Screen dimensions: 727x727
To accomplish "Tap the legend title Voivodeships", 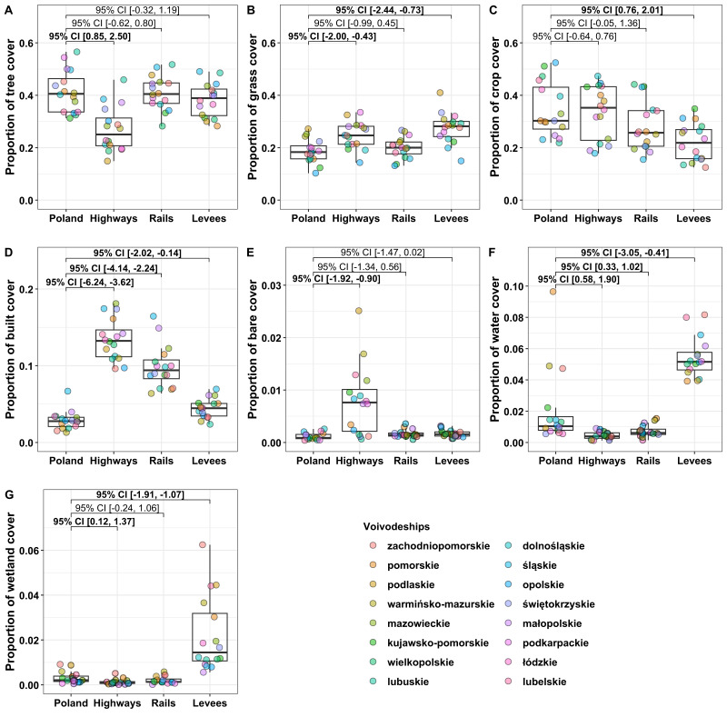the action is click(x=396, y=526).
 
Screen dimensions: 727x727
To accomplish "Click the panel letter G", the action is click(x=9, y=494).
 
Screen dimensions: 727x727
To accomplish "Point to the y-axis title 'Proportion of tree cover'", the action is click(x=10, y=106).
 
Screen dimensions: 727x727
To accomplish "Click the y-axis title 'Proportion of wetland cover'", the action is click(x=10, y=592).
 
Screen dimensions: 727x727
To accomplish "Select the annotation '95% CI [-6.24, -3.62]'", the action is click(x=90, y=282).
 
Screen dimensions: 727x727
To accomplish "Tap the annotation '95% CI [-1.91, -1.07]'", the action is click(x=140, y=494).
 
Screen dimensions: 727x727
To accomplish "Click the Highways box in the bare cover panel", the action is click(x=360, y=411).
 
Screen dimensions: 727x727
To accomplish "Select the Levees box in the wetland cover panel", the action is click(x=210, y=637).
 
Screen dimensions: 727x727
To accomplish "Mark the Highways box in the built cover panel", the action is click(x=115, y=344).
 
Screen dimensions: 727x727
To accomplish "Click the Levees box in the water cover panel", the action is click(x=694, y=361).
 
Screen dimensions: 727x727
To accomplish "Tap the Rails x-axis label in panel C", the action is click(x=646, y=218).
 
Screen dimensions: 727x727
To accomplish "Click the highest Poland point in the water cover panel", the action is click(x=553, y=292).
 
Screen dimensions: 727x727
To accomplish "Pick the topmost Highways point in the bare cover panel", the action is click(x=358, y=311).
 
